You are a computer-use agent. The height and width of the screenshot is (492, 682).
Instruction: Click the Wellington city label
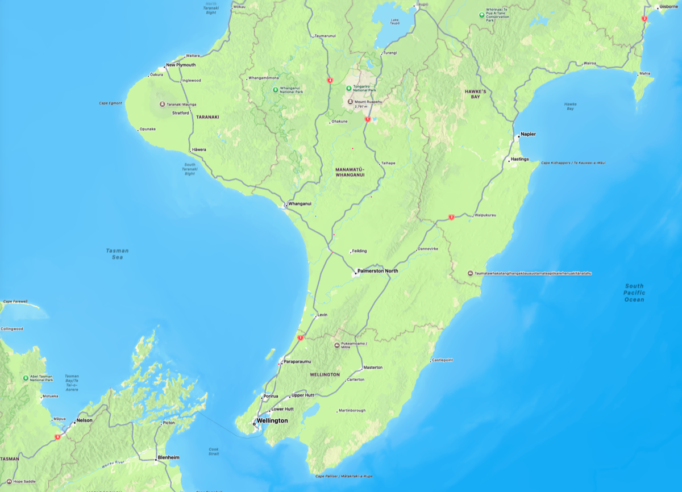click(272, 420)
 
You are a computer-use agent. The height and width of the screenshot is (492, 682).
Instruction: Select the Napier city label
click(528, 134)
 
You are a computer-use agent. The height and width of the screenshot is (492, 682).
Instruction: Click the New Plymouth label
click(181, 65)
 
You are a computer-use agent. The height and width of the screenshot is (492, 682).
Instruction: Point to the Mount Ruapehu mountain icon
click(350, 102)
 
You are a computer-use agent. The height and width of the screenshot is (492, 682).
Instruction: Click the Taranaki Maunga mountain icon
click(162, 105)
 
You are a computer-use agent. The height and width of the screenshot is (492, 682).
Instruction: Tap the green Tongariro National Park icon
click(348, 87)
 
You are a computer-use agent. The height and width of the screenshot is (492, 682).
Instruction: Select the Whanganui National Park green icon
click(275, 89)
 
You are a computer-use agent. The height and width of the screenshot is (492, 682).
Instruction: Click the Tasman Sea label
click(117, 253)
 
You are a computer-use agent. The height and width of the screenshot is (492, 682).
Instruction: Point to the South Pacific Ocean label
click(634, 293)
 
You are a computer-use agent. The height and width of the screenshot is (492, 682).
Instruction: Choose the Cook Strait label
click(214, 452)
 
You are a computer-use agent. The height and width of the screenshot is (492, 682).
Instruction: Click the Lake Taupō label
click(395, 22)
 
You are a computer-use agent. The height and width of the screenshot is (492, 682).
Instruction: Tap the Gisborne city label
click(669, 7)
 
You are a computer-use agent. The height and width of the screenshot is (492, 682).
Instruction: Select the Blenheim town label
click(169, 457)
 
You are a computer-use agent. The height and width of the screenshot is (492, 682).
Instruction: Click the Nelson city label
click(84, 421)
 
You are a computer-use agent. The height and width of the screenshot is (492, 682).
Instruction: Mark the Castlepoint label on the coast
click(442, 360)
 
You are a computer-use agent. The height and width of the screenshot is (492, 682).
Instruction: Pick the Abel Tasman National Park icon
click(26, 378)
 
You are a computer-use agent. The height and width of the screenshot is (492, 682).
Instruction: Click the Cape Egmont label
click(111, 103)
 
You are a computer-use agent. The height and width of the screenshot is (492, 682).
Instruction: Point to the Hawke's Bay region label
click(472, 94)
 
